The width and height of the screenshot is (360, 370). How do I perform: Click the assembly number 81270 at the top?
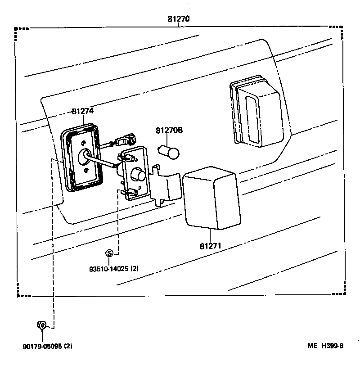click(179, 19)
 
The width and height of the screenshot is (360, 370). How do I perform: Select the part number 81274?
click(83, 111)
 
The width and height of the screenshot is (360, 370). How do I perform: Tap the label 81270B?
click(169, 131)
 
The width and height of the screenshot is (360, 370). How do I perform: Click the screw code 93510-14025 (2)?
click(113, 269)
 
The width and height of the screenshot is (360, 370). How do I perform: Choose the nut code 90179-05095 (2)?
click(47, 346)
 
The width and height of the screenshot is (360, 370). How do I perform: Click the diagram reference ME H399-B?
click(326, 346)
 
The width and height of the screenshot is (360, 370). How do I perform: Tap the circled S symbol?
click(109, 253)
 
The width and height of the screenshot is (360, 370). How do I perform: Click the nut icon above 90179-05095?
click(41, 325)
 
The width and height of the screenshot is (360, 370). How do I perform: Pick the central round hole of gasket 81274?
click(84, 156)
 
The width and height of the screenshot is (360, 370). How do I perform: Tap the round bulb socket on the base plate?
click(137, 175)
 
